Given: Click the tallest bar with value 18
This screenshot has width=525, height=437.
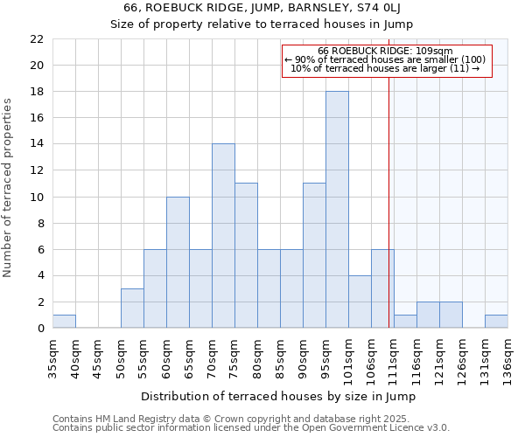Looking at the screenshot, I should point(337,210).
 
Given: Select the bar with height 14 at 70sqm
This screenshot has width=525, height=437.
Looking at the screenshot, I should point(223,236).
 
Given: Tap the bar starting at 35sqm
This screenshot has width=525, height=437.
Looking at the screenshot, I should point(64,322).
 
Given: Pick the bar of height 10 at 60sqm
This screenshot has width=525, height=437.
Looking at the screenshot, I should point(178,262).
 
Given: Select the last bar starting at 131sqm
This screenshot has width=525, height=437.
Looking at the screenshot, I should point(496,322).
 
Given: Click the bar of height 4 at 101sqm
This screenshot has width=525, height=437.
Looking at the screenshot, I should point(360,302).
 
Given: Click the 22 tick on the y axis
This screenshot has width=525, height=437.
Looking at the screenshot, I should point(37,39).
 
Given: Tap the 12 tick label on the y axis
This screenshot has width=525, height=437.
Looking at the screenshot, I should point(37,170).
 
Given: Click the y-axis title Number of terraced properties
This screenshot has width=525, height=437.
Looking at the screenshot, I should point(9,188).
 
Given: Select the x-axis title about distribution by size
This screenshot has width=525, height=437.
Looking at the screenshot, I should point(278,396).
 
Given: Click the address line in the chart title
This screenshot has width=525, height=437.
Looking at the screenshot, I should point(262,8).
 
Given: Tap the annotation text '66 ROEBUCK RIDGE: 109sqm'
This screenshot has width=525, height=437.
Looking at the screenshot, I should point(385,51).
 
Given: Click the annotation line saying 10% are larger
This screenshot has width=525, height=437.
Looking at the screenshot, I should point(385,68).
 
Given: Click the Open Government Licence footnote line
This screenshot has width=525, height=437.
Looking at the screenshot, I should point(251,428).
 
